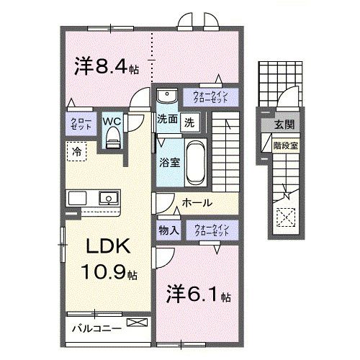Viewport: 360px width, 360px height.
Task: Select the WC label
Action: [111, 121]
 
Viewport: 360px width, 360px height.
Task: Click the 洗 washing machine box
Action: [189, 122]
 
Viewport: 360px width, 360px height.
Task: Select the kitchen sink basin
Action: [109, 197]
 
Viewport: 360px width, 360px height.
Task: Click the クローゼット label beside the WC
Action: [78, 122]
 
